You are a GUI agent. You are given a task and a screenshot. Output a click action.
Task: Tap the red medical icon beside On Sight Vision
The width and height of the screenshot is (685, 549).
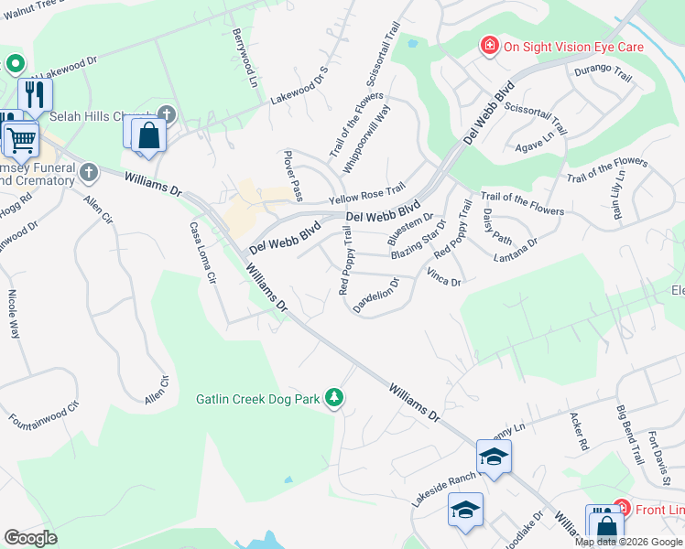click(489, 46)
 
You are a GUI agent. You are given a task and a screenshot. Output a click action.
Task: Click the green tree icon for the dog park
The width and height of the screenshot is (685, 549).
click(335, 397)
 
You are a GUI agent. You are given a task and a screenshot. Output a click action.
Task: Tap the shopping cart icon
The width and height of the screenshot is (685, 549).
click(20, 140)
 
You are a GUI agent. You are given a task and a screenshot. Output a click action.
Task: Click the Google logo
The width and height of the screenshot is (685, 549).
click(30, 538)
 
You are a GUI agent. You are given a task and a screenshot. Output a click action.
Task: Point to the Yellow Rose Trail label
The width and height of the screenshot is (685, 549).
click(366, 194)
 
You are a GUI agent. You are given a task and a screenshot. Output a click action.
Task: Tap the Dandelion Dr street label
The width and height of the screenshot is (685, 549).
click(376, 296)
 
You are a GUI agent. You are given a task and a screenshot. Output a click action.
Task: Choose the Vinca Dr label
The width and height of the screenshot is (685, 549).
click(443, 278)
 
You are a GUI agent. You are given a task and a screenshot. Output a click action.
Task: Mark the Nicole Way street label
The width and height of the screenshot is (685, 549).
click(14, 316)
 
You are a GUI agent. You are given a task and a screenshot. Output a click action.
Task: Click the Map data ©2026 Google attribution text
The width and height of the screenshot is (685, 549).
click(628, 542)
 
